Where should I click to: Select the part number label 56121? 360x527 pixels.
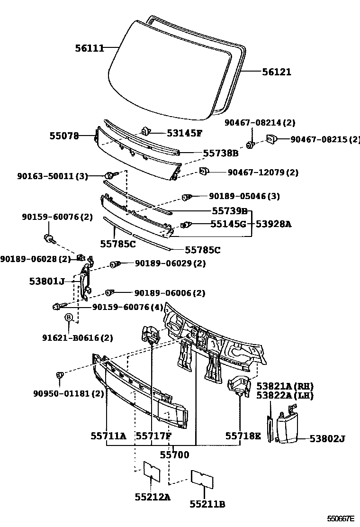coord(277,72)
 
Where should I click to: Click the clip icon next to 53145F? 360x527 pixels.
coord(146,131)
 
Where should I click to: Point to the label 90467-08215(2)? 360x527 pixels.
coord(324,139)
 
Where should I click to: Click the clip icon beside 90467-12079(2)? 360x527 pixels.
coord(205,171)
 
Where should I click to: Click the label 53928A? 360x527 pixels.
coord(274,224)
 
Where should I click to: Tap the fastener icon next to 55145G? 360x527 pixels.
coord(187,224)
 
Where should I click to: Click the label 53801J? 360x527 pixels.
coord(46,281)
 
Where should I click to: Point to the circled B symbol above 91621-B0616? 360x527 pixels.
coord(69,317)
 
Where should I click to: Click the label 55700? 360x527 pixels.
coord(174,455)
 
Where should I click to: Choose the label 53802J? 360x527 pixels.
coord(327,439)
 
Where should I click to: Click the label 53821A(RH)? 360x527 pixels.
coord(285,386)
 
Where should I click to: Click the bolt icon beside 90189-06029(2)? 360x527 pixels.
coord(114,264)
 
